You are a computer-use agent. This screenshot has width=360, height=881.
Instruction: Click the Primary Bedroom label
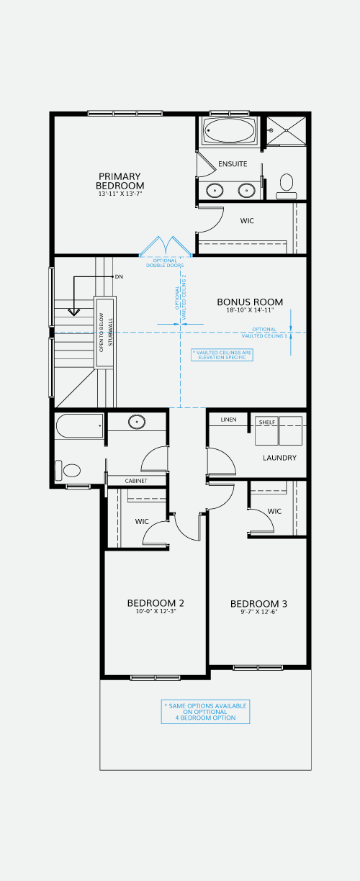coord(120,181)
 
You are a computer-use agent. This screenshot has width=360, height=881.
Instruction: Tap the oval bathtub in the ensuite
coord(229,131)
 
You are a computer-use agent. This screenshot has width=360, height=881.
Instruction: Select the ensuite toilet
coord(287,186)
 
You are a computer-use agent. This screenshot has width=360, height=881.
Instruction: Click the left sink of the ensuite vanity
coord(215,191)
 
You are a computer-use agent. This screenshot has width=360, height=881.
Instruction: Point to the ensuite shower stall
coord(286,131)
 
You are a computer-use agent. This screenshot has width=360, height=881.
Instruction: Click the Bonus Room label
coord(250,302)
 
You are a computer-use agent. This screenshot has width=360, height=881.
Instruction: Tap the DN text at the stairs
coord(119,277)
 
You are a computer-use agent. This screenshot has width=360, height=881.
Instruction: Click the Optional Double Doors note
coord(165,263)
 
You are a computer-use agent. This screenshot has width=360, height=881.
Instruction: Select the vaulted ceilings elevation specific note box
coord(222,355)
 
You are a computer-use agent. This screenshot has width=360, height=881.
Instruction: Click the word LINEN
coord(228,420)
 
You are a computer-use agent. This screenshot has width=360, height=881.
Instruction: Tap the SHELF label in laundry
coord(267,423)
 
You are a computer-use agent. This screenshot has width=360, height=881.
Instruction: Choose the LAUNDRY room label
coord(280,458)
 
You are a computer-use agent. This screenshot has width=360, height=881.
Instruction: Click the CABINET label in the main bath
coord(136,481)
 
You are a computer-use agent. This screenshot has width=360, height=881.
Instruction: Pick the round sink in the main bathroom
coord(137,422)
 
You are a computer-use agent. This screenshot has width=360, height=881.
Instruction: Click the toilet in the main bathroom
coord(68,471)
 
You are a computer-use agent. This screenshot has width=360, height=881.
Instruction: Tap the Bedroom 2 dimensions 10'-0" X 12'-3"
coord(156,612)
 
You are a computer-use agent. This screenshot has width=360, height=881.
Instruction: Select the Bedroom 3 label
coord(258,604)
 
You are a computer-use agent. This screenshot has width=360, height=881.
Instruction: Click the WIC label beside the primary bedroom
coord(247,221)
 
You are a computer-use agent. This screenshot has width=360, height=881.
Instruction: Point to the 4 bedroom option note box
coord(205,711)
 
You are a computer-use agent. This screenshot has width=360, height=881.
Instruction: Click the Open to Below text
coord(101,333)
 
